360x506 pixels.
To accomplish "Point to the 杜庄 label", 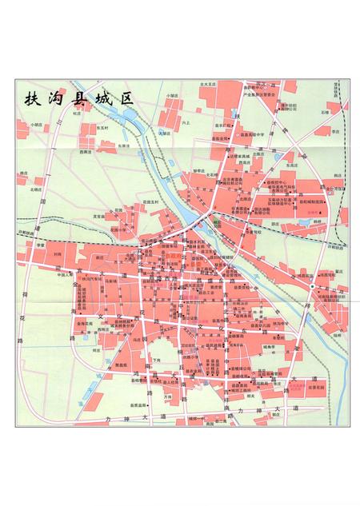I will [77, 114].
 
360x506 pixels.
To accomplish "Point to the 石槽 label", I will [325, 113].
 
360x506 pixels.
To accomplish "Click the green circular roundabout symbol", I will [311, 285].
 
